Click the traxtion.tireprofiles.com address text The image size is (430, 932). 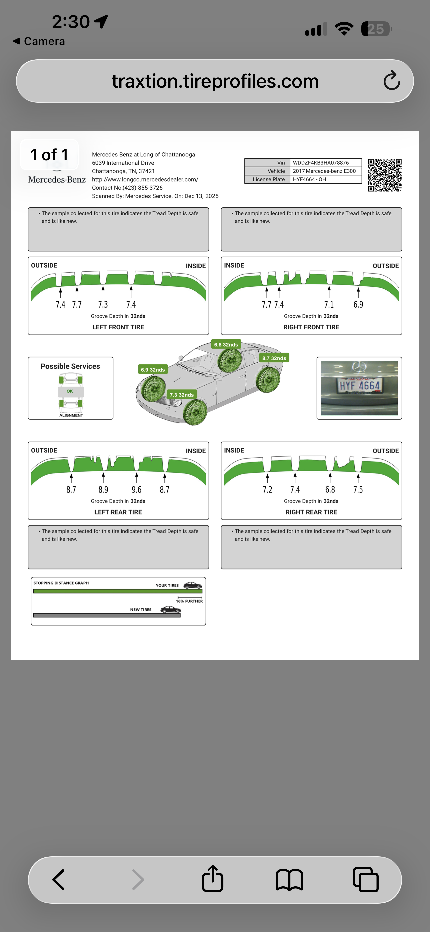(215, 81)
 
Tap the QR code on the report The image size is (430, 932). (385, 175)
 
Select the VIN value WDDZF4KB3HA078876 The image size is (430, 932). (321, 163)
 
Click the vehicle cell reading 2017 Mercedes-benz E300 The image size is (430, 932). (324, 171)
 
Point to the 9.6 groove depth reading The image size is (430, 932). (136, 490)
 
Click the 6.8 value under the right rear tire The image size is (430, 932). (330, 490)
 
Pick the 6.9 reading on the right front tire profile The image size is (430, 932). (358, 305)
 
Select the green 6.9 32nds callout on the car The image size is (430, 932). (153, 370)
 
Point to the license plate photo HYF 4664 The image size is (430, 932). (359, 388)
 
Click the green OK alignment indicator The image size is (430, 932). (70, 391)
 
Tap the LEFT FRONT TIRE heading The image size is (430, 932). (118, 327)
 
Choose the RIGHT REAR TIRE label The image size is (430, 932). (311, 512)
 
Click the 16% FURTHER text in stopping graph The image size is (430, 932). (189, 601)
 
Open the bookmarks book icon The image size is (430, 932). (289, 880)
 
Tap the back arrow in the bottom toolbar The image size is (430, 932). (59, 880)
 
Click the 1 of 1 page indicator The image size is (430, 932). (49, 155)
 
